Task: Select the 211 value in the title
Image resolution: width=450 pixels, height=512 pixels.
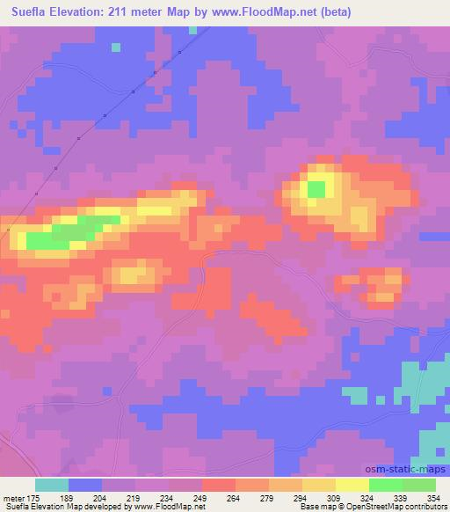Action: (127, 11)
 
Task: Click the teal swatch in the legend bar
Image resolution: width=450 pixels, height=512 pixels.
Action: (52, 485)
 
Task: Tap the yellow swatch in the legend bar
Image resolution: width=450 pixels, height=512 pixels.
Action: (352, 485)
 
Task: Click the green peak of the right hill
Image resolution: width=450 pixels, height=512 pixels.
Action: (316, 187)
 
